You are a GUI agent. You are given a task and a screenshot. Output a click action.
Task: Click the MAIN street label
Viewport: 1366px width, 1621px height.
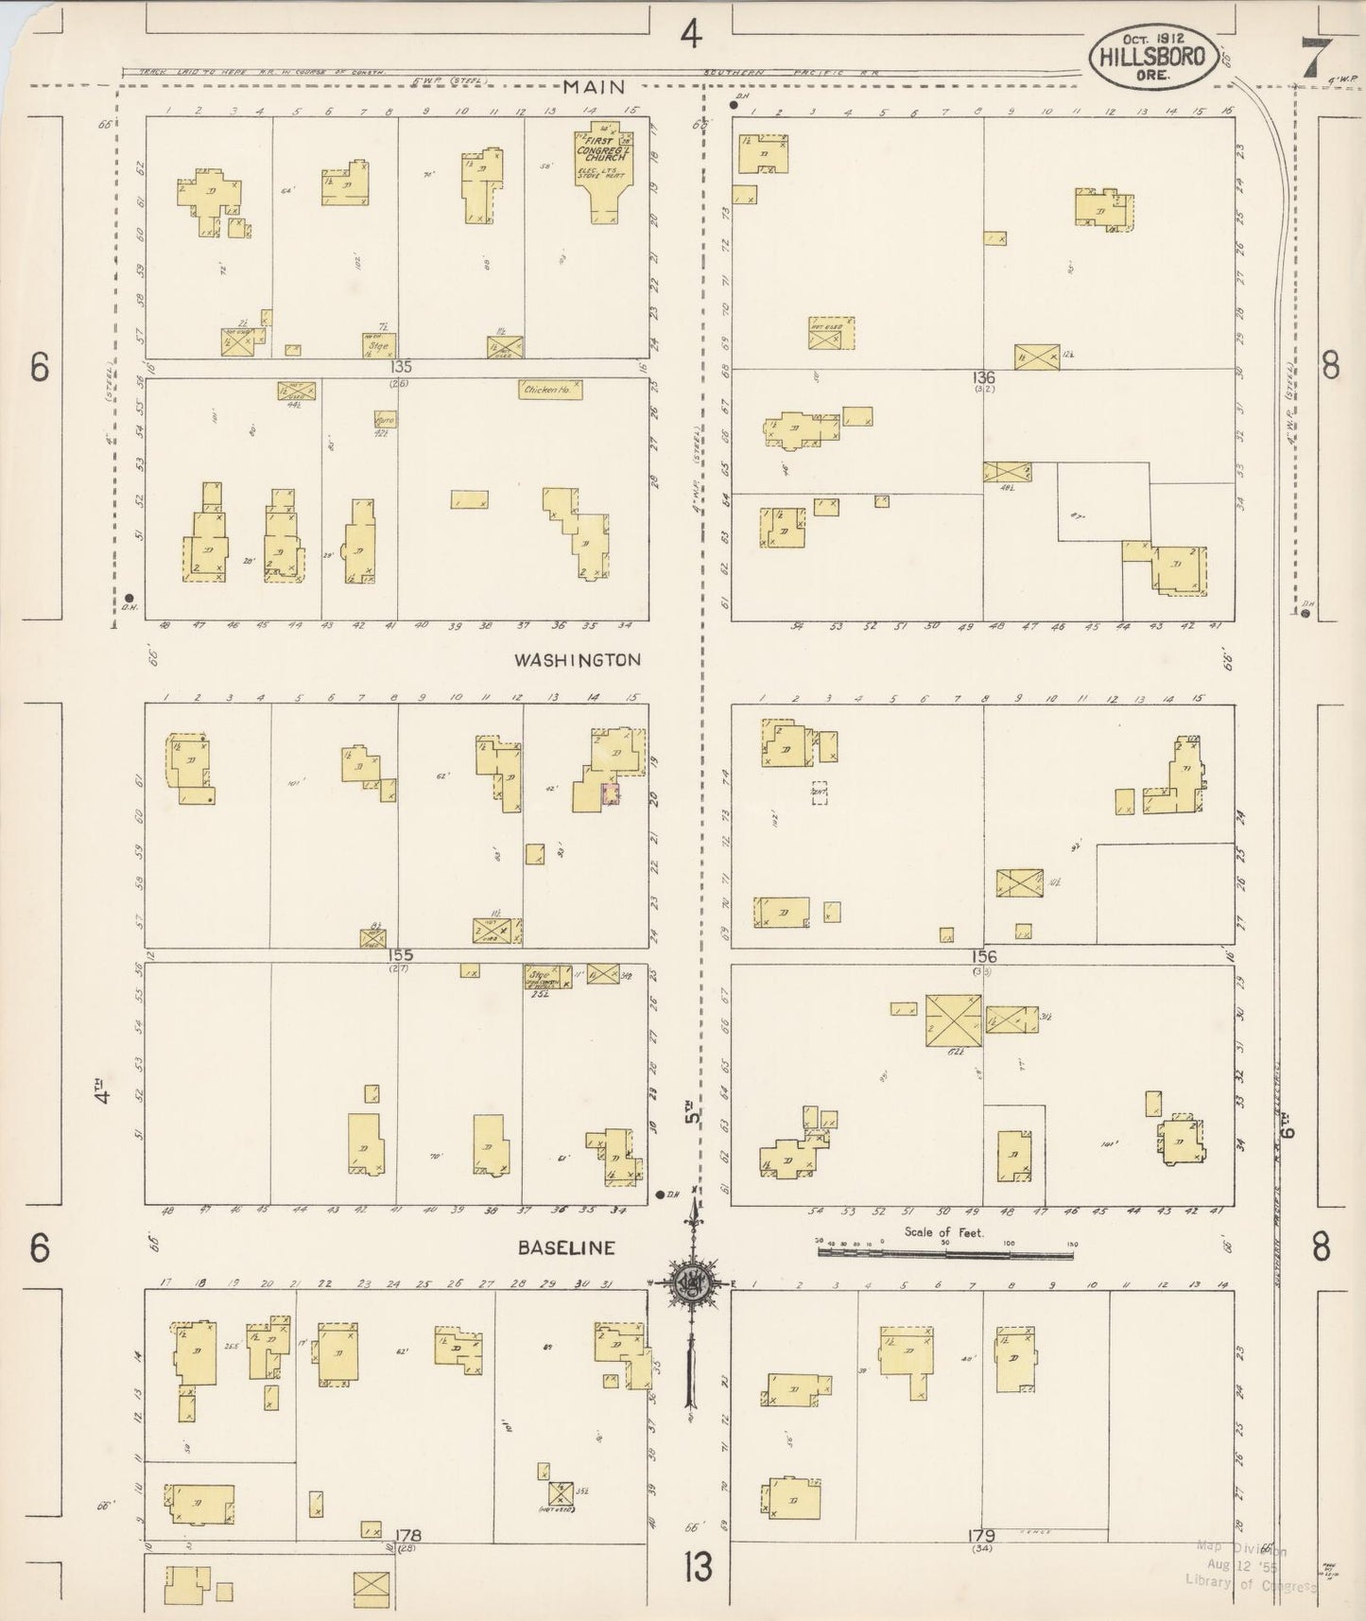[594, 87]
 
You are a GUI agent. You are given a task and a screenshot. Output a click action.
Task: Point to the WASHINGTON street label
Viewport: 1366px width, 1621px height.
[577, 660]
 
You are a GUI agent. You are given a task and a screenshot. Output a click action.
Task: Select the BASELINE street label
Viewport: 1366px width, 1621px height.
[566, 1248]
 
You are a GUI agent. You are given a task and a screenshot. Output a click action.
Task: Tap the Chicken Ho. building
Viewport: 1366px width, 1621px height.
[550, 389]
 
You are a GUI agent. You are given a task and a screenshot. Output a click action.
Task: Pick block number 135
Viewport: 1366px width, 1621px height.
[404, 366]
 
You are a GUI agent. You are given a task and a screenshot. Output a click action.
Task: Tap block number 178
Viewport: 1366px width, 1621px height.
[408, 1535]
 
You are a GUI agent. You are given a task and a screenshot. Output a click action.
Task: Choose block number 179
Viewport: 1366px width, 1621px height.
[983, 1535]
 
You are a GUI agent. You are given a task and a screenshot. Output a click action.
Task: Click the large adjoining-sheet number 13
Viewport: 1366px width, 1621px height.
[699, 1568]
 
